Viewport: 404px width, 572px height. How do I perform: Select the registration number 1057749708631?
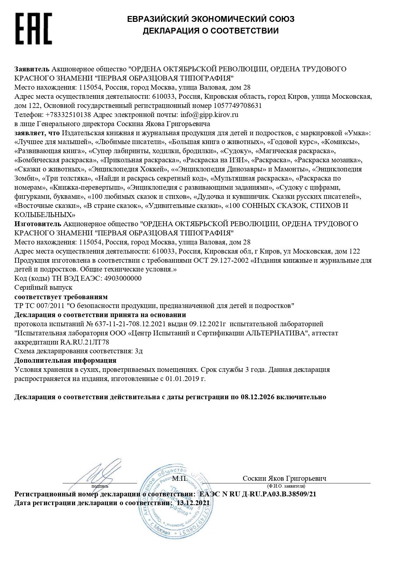[238, 106]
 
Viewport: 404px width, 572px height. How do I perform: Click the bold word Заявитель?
[32, 69]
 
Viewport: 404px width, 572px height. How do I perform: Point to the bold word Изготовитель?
[38, 224]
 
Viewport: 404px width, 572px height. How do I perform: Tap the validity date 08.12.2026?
[257, 397]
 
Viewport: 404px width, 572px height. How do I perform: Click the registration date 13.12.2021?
[193, 503]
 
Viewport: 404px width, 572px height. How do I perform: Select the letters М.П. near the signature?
[180, 478]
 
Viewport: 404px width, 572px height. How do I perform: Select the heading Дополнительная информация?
[65, 360]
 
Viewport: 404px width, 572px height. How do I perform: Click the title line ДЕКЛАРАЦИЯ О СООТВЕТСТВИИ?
[211, 31]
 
